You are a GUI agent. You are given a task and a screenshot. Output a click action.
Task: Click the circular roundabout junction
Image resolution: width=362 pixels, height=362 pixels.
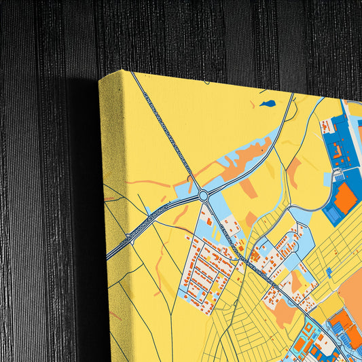point(203,196)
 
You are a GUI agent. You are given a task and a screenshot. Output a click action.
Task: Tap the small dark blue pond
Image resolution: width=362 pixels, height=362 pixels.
point(268,104)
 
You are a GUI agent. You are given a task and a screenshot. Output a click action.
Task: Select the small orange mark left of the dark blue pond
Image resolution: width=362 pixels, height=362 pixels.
point(253,105)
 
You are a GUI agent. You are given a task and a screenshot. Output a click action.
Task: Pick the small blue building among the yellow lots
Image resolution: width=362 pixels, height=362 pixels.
point(329,272)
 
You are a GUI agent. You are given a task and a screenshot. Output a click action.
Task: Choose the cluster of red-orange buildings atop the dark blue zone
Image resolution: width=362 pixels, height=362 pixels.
point(329,126)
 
